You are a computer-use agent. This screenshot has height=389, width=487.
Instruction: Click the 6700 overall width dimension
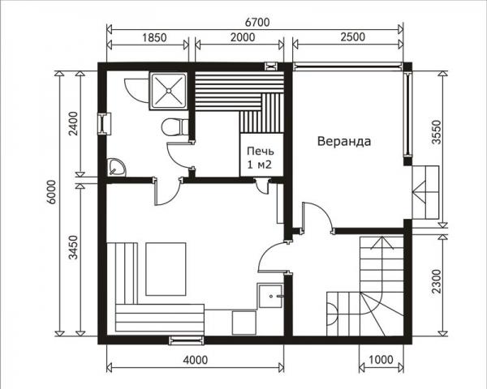pos(255,20)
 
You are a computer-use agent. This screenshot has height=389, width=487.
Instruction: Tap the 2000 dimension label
pos(240,36)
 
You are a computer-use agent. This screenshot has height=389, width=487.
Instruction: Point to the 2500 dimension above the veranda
pos(347,36)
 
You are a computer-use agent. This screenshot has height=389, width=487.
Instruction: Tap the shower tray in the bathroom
pos(169,90)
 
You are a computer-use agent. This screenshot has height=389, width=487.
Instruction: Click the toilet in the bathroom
pos(173,128)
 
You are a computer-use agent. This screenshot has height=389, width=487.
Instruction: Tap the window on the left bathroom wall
pos(103,123)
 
